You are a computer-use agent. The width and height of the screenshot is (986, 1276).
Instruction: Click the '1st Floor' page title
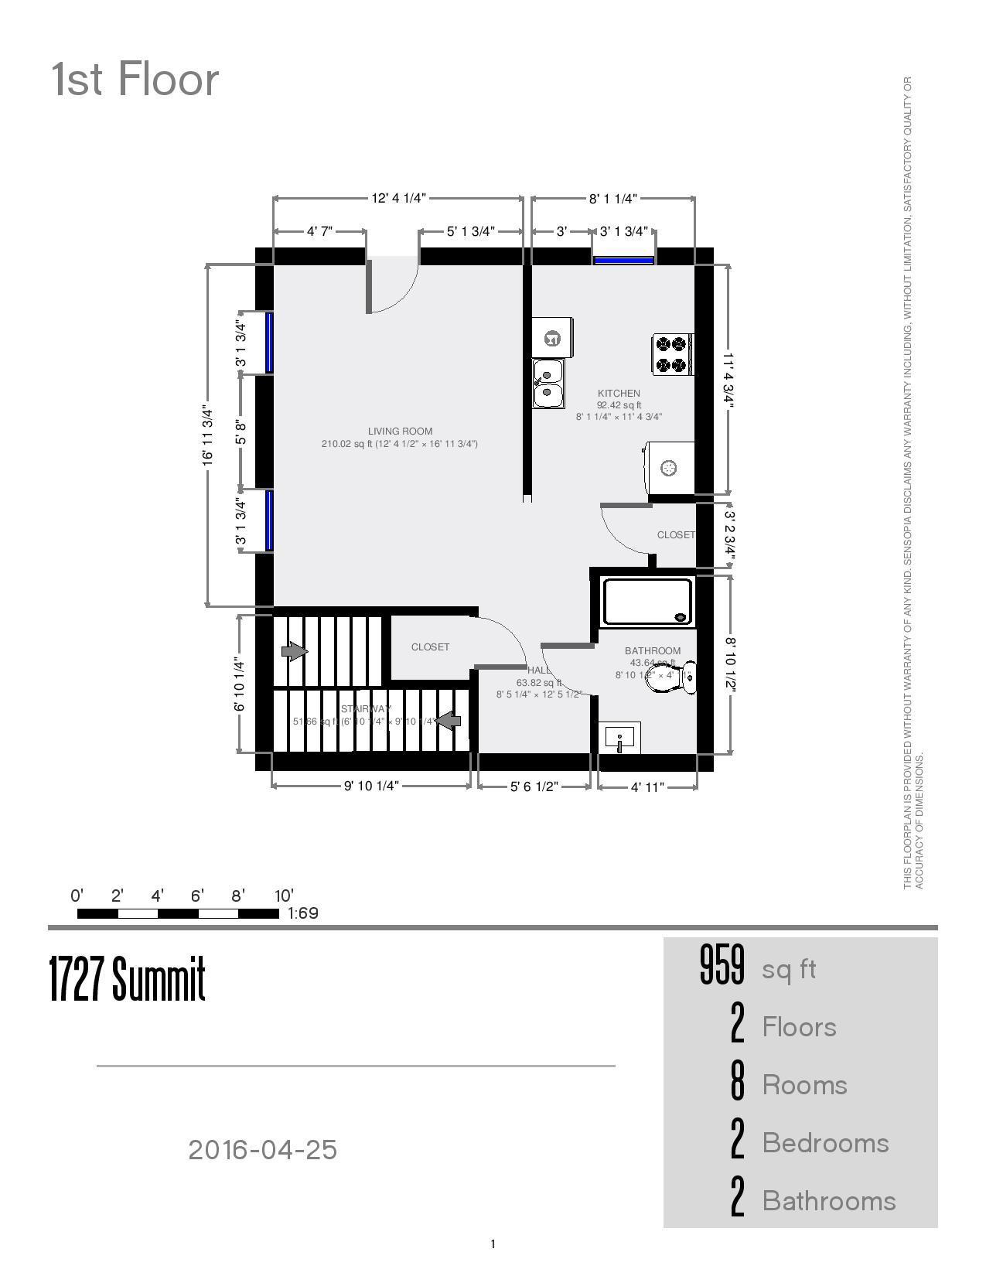point(135,80)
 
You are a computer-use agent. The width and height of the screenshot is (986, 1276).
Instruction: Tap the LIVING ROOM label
point(400,432)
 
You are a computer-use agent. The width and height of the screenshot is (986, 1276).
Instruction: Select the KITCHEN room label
point(619,394)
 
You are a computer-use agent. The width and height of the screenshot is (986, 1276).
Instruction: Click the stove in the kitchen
point(672,354)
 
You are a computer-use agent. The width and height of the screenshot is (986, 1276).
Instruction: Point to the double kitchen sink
point(548,384)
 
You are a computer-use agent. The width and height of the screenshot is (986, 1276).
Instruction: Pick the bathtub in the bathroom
point(647,602)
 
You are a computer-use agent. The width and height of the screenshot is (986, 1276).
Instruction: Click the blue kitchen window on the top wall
point(623,261)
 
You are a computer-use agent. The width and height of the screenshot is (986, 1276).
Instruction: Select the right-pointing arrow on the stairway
point(295,651)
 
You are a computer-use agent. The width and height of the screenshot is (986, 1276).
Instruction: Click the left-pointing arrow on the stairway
point(448,721)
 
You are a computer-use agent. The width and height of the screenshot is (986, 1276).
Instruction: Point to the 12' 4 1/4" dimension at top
point(398,198)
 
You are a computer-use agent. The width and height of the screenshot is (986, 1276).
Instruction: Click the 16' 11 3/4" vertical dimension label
point(206,435)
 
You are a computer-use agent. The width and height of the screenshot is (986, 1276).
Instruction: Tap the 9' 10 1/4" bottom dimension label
point(371,786)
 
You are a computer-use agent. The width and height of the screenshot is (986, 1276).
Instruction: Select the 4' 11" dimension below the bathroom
point(647,787)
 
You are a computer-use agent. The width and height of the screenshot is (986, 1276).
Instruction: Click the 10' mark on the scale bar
point(284,896)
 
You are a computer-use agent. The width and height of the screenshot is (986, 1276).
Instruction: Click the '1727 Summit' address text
point(128,978)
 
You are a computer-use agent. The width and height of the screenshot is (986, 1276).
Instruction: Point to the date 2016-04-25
point(263,1150)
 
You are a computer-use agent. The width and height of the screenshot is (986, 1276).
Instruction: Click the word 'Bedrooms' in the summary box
point(825,1143)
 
